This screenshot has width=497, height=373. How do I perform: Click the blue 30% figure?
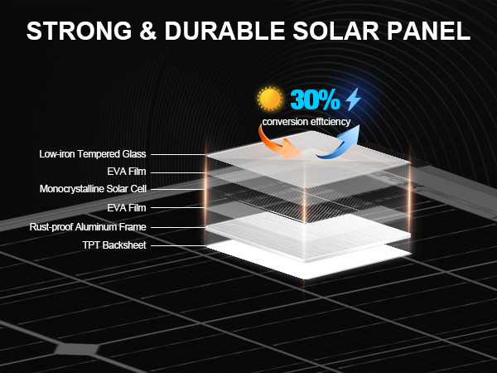point(315,101)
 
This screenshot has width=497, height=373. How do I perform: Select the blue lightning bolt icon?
point(354,100)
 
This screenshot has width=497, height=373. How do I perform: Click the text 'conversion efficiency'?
point(306,122)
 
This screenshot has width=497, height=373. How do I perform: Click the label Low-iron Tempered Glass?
point(94,154)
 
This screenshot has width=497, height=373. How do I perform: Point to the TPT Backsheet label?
point(114,245)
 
